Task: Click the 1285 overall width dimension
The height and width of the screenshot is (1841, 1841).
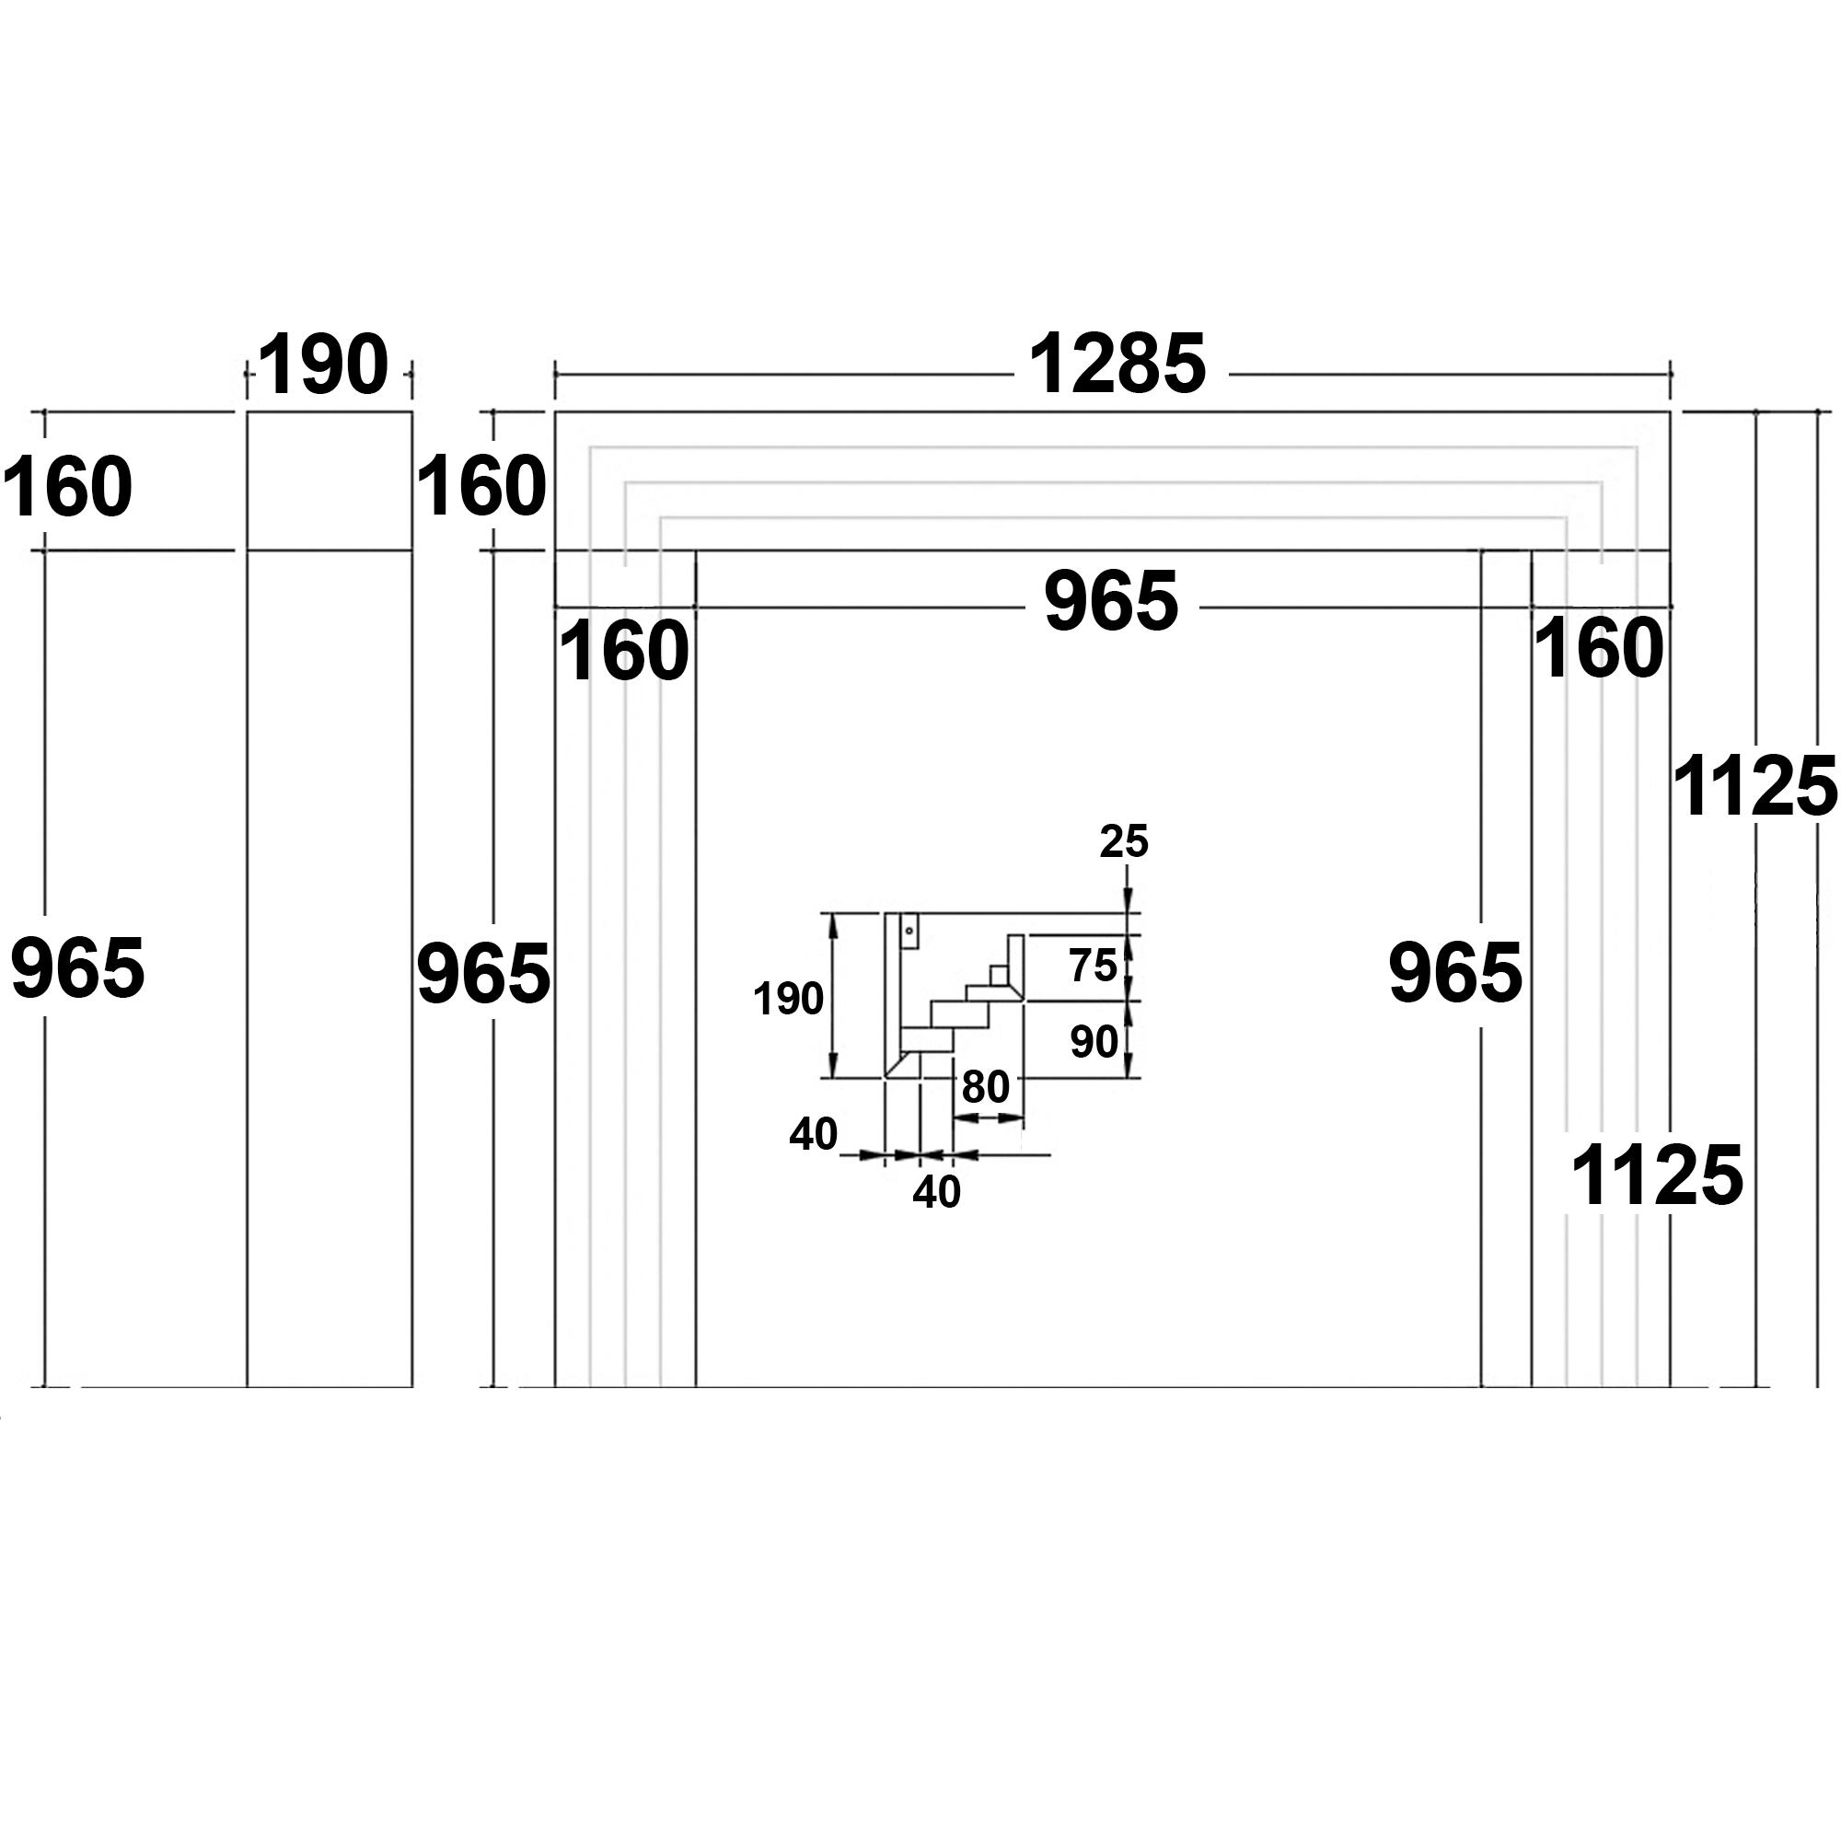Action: pos(1117,365)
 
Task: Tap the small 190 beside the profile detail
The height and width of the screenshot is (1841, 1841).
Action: pos(788,1000)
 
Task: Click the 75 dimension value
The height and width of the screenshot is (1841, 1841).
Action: pos(1093,967)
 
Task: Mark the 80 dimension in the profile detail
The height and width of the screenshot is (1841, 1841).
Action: pos(985,1086)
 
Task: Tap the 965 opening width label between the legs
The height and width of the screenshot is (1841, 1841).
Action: pos(1111,601)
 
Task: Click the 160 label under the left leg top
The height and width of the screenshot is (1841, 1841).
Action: pos(623,651)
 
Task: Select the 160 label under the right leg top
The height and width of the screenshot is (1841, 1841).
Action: pos(1599,649)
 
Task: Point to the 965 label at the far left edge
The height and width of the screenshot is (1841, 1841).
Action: pos(78,968)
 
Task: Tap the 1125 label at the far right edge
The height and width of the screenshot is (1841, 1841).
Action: pos(1754,787)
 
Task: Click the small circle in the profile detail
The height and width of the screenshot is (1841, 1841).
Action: pos(909,930)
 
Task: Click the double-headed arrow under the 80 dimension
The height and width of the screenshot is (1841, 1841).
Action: pos(988,1118)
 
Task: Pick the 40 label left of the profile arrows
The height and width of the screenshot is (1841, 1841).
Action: pos(813,1134)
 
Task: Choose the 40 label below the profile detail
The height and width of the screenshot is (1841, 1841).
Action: pos(936,1192)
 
